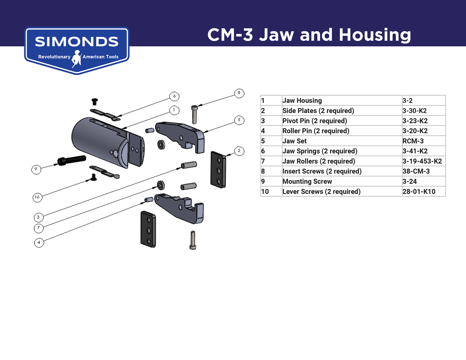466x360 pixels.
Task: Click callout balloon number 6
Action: coord(174,96)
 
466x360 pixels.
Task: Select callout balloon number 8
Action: coord(239,93)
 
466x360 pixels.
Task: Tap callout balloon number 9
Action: coord(36,169)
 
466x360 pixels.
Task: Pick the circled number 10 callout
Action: coord(37,198)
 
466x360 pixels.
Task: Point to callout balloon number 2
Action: coord(239,151)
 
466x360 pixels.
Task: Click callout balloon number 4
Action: coord(39,243)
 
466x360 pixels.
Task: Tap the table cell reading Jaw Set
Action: coord(295,141)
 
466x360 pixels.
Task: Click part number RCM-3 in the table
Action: coord(413,141)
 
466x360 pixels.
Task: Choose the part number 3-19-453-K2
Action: coord(422,161)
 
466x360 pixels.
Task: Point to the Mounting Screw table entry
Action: coord(307,181)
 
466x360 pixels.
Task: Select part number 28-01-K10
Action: coord(419,192)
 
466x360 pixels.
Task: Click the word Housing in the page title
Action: coord(375,35)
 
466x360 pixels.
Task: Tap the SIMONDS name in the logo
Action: coord(76,42)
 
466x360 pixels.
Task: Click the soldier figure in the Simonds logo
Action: coord(76,58)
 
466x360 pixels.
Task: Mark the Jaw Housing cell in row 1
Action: coord(302,101)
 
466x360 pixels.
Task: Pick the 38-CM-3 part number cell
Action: coord(416,171)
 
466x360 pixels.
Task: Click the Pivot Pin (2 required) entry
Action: coord(314,121)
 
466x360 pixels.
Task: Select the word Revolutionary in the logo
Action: coord(54,57)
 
